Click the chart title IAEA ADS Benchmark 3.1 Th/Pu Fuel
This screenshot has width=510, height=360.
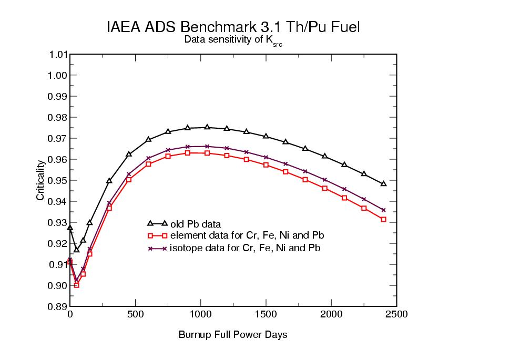click(233, 27)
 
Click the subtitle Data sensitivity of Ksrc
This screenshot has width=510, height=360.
click(233, 40)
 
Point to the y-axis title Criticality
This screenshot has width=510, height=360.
click(40, 180)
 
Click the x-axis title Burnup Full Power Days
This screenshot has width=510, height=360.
click(233, 334)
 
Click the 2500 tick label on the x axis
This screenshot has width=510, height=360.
click(396, 314)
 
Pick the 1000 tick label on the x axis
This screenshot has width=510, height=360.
click(201, 314)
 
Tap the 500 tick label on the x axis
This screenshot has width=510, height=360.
click(136, 314)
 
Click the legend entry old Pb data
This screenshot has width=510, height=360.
click(192, 224)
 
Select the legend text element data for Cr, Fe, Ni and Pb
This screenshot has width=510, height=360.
click(247, 236)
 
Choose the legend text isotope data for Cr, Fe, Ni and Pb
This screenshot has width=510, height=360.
click(245, 248)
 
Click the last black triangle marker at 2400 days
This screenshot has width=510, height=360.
click(383, 183)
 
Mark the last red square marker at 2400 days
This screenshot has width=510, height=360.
click(383, 219)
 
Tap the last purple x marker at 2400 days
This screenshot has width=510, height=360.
click(383, 210)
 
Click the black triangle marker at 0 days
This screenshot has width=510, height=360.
click(70, 228)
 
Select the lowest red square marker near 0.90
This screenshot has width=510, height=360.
click(76, 285)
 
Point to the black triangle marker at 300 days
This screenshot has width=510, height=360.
click(109, 180)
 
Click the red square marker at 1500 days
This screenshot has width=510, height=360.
click(266, 165)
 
